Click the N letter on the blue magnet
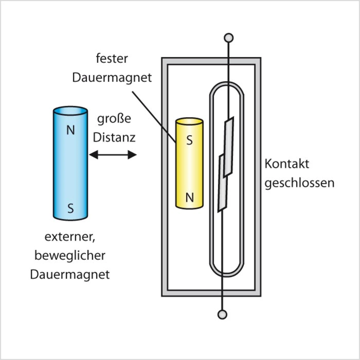pos(70,130)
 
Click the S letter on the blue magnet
pos(70,208)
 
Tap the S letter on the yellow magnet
pos(190,140)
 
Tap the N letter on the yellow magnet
pos(190,198)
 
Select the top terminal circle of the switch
pos(228,37)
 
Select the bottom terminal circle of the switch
pos(222,314)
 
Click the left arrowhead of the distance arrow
pos(94,155)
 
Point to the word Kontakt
pos(287,164)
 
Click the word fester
pos(112,58)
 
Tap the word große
pos(114,119)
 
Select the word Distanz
pos(114,138)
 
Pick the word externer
pos(70,237)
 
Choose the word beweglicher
pos(70,256)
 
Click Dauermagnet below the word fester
pos(112,78)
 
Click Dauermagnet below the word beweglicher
pos(70,274)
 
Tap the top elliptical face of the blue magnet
pos(70,111)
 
